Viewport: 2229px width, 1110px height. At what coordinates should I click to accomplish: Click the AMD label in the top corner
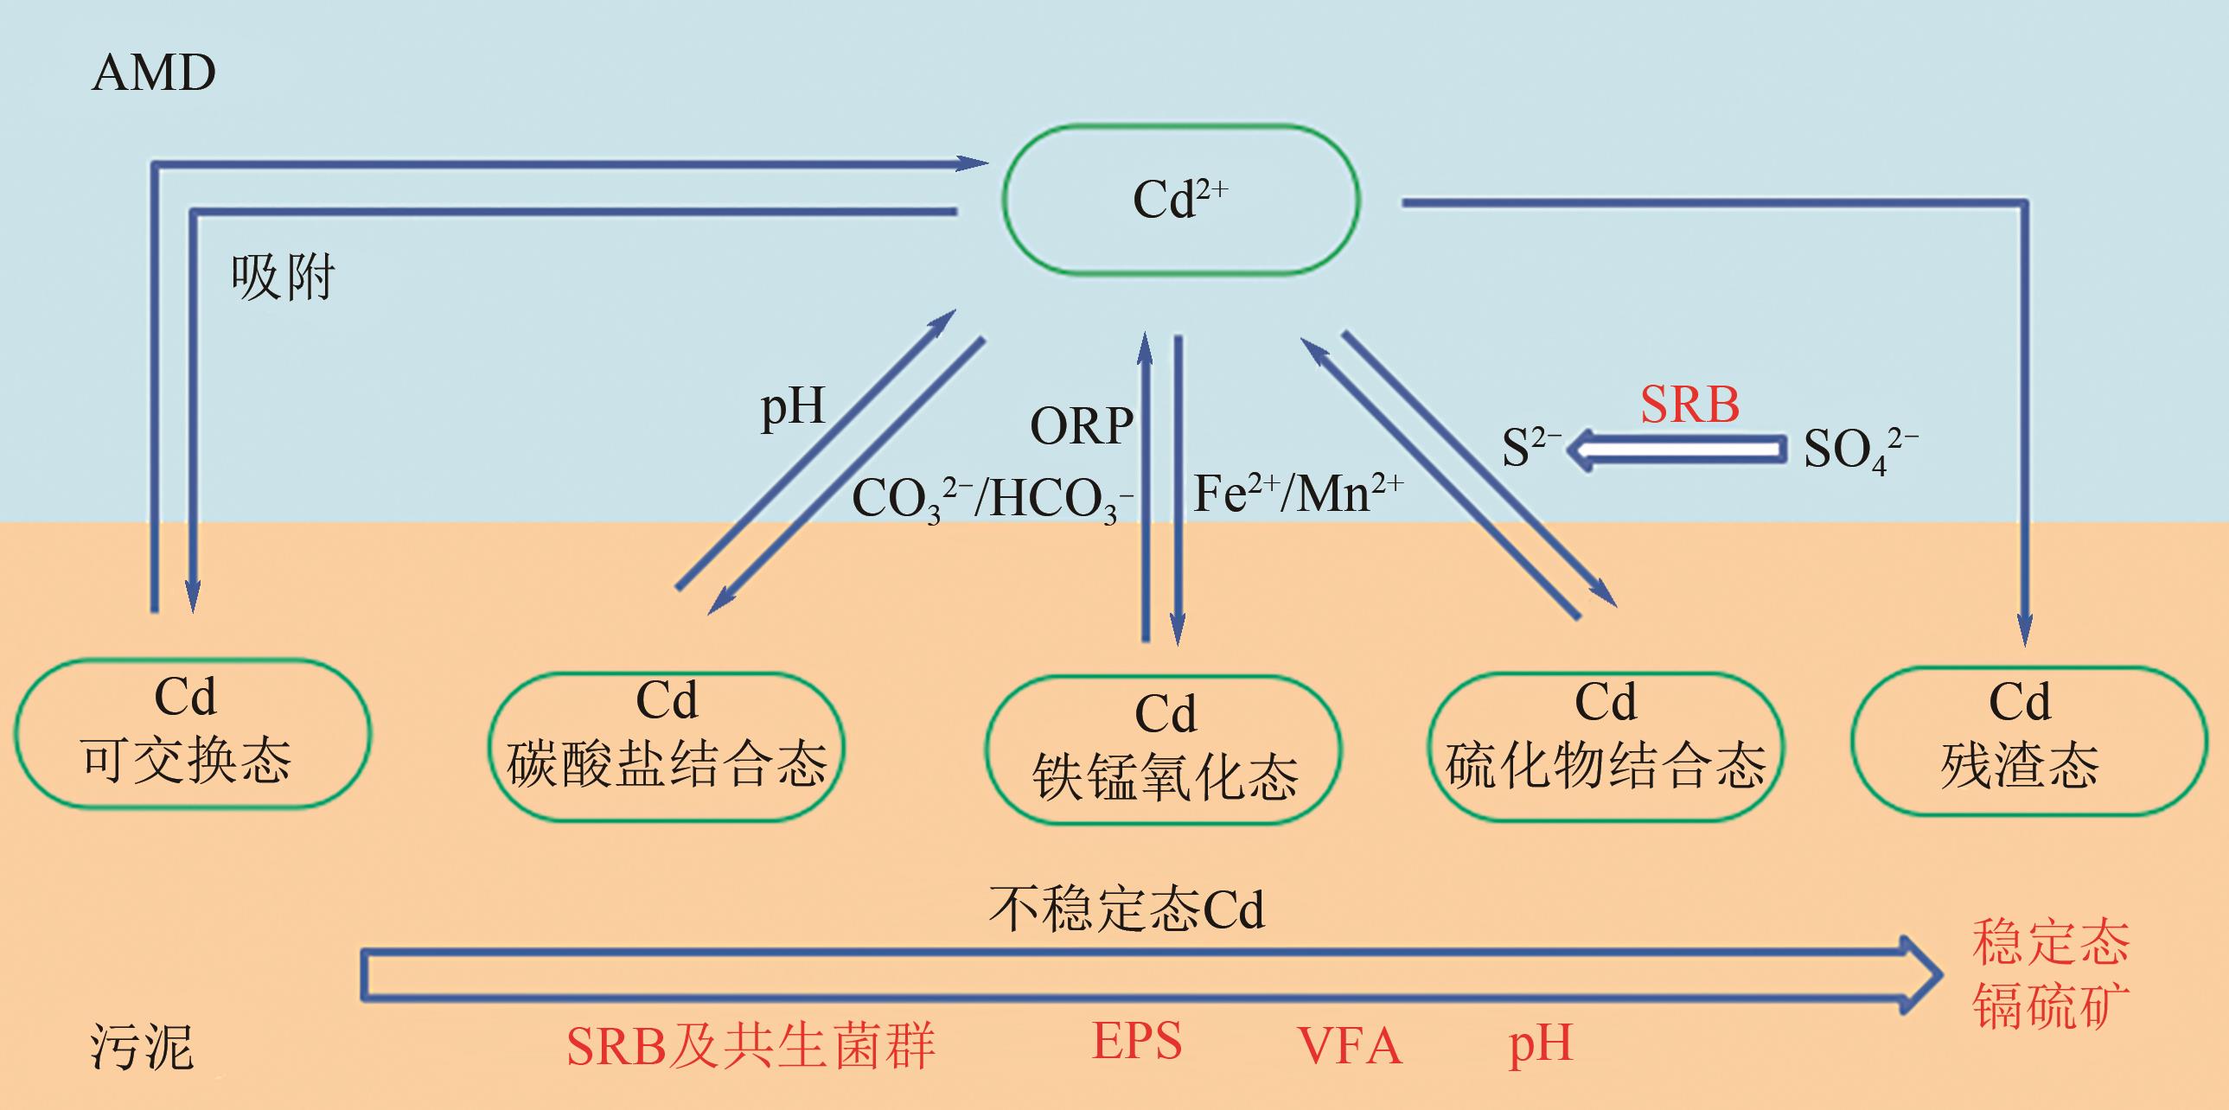[153, 73]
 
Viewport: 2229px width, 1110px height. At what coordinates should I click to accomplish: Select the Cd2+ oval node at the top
[1180, 200]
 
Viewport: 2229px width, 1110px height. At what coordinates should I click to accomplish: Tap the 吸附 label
[283, 277]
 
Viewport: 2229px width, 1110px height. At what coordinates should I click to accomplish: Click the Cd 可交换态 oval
[191, 733]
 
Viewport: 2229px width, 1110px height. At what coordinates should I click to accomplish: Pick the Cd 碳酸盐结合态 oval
[667, 746]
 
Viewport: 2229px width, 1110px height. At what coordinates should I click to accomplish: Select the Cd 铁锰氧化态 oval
[1164, 750]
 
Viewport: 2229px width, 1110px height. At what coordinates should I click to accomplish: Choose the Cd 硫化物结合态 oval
[1605, 746]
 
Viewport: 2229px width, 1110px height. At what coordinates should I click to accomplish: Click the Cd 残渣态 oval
[2028, 742]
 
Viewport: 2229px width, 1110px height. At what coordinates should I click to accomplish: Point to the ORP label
[1081, 426]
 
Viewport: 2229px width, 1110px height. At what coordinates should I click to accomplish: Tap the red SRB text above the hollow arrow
[1689, 405]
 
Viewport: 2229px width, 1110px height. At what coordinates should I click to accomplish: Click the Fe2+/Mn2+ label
[1297, 494]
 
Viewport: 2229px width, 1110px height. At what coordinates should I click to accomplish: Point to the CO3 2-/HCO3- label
[992, 499]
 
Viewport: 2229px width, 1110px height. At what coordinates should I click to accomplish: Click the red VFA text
[1349, 1046]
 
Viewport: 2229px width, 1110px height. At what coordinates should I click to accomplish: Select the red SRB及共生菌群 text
[750, 1046]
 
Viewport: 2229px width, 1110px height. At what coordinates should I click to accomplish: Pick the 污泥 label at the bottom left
[142, 1048]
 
